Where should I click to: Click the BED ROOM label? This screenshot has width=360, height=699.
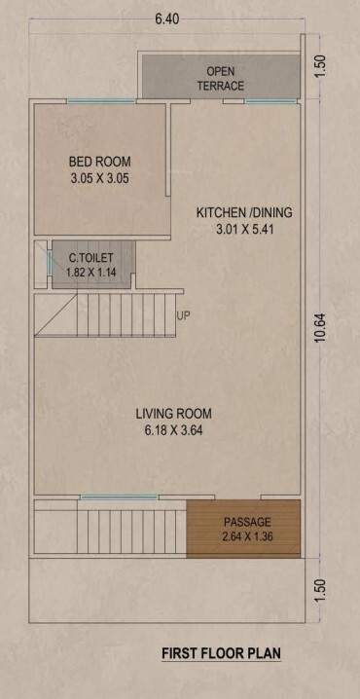click(x=99, y=162)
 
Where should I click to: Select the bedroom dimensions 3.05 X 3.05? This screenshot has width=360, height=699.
click(x=99, y=178)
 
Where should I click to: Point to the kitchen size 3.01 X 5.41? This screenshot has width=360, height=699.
click(x=244, y=230)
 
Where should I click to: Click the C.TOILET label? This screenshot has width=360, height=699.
click(x=90, y=258)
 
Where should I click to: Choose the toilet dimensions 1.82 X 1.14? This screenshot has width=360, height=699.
click(x=90, y=273)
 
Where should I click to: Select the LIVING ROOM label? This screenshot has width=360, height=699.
click(x=173, y=414)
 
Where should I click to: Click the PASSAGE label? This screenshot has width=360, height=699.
click(x=246, y=522)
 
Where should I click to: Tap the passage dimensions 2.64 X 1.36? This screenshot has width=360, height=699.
click(x=246, y=537)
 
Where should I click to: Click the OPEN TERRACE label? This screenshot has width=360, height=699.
click(x=220, y=79)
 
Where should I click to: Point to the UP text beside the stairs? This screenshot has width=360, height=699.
click(x=183, y=316)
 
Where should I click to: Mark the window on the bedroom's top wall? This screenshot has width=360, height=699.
click(x=93, y=100)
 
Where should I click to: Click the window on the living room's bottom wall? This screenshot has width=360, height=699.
click(x=112, y=497)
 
